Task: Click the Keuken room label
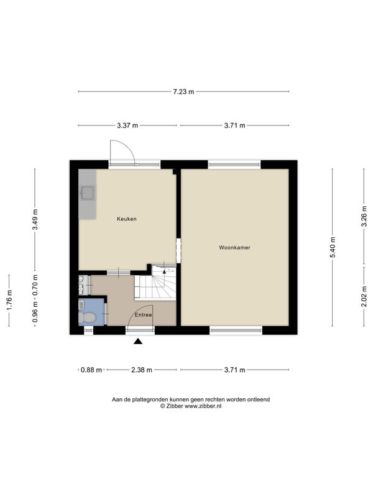coord(127,219)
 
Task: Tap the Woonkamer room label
coord(234,247)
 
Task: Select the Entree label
coord(144,315)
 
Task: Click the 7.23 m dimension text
coord(183,92)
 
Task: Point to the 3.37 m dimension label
coord(127,125)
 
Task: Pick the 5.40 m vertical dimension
coord(333,247)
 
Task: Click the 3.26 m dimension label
coord(364,216)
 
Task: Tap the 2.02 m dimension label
coord(364,296)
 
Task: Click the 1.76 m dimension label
coord(9,301)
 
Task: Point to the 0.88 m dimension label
coord(91,370)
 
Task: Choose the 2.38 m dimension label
coord(142,370)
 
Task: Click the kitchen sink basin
coord(88,193)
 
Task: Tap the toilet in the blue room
coord(86,317)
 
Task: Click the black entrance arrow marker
coord(138,341)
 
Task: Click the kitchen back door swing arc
coord(127,146)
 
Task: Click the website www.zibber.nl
coord(203,406)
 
